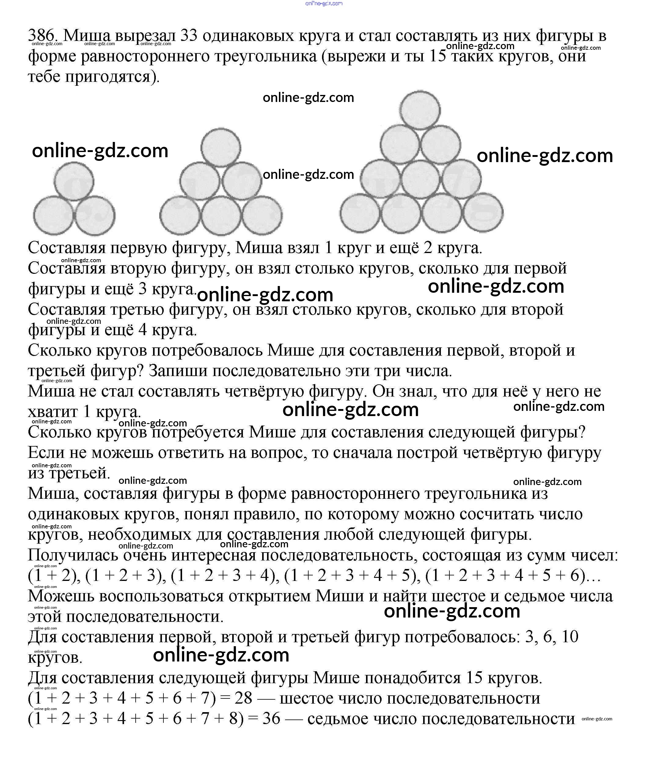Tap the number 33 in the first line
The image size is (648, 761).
point(189,36)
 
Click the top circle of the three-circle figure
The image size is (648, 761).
point(74,182)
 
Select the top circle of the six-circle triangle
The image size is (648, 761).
point(221,147)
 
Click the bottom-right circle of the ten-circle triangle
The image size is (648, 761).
point(483,213)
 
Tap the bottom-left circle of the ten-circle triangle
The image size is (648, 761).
point(360,213)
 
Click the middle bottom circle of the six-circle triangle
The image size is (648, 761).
point(221,216)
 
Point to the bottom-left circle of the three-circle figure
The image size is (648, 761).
point(53,216)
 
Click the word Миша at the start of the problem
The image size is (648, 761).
point(87,36)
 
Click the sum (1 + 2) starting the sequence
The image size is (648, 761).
point(54,575)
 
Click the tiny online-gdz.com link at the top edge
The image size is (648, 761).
point(324,3)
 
